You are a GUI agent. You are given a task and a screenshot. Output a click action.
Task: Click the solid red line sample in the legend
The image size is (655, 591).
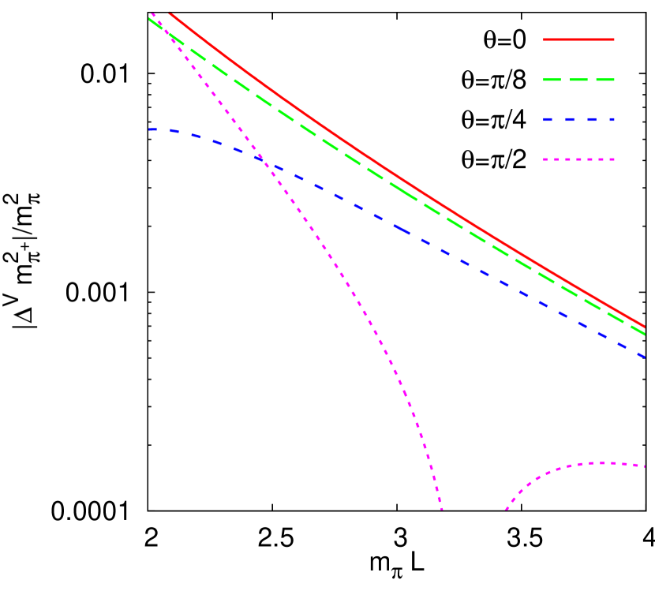578,39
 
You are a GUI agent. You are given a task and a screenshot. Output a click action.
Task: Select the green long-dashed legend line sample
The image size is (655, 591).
578,80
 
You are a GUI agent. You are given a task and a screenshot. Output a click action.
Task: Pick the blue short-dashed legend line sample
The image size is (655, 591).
578,120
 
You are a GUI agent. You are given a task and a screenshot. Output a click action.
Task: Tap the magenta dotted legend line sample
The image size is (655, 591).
578,159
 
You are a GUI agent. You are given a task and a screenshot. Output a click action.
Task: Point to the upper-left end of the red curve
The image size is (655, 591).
170,13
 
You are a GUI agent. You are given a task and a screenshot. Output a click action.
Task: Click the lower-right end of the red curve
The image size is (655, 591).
645,326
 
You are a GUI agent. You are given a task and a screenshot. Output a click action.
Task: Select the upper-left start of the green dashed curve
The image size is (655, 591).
149,19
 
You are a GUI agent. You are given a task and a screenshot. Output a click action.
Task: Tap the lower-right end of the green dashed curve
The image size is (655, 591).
645,334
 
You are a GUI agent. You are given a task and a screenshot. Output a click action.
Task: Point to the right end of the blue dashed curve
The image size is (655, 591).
644,357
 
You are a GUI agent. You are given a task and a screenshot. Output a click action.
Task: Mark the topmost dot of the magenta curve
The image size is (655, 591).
152,13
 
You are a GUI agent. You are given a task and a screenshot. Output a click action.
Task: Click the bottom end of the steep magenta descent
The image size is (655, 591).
442,510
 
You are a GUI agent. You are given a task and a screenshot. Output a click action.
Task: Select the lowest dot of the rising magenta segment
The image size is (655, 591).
506,510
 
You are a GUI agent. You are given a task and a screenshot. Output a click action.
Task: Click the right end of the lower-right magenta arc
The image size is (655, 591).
645,466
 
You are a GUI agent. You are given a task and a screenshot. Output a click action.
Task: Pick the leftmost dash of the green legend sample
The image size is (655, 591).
549,80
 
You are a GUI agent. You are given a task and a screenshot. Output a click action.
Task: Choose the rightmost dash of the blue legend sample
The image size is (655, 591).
610,120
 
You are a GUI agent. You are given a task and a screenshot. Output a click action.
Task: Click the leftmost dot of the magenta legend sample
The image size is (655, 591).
545,159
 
